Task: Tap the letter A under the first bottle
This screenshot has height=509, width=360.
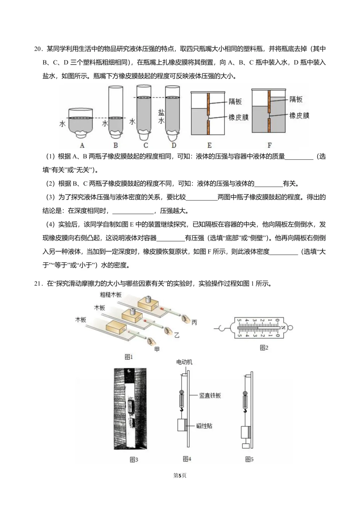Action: (x=82, y=145)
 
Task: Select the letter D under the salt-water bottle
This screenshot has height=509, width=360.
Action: (x=174, y=145)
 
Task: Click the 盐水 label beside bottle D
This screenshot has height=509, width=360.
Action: (x=161, y=116)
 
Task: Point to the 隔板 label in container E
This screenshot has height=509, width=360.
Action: (x=235, y=101)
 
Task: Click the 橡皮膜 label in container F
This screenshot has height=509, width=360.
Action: (x=299, y=116)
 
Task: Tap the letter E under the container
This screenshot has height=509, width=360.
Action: (x=209, y=145)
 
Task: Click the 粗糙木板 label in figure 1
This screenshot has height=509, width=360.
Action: (x=111, y=295)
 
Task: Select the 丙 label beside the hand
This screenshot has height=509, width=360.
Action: (x=194, y=322)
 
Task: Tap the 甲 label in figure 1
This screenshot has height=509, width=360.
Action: (x=157, y=349)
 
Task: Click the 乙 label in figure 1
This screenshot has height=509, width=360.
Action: (x=177, y=335)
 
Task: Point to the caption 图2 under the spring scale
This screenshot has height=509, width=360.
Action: (x=264, y=348)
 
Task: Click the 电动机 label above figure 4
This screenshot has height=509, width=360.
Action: (x=184, y=362)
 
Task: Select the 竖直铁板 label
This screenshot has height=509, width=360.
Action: (x=210, y=395)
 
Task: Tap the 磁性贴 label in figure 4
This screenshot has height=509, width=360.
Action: (x=204, y=426)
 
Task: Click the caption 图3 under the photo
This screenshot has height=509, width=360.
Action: (x=134, y=460)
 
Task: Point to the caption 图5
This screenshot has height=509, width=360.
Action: (x=249, y=459)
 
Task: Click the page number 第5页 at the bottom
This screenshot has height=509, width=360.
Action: (x=180, y=475)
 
